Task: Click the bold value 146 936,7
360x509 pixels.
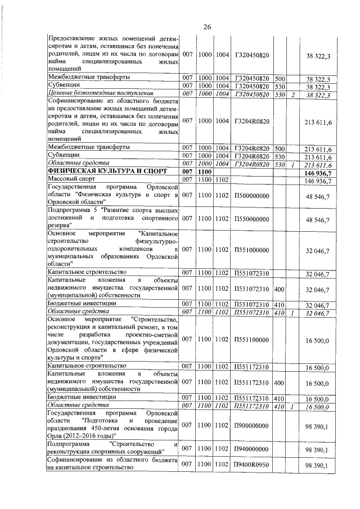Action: click(319, 173)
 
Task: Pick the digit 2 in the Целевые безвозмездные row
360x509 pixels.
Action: click(293, 94)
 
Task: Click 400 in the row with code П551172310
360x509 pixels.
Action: click(279, 384)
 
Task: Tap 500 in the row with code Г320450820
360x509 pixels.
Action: click(280, 78)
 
